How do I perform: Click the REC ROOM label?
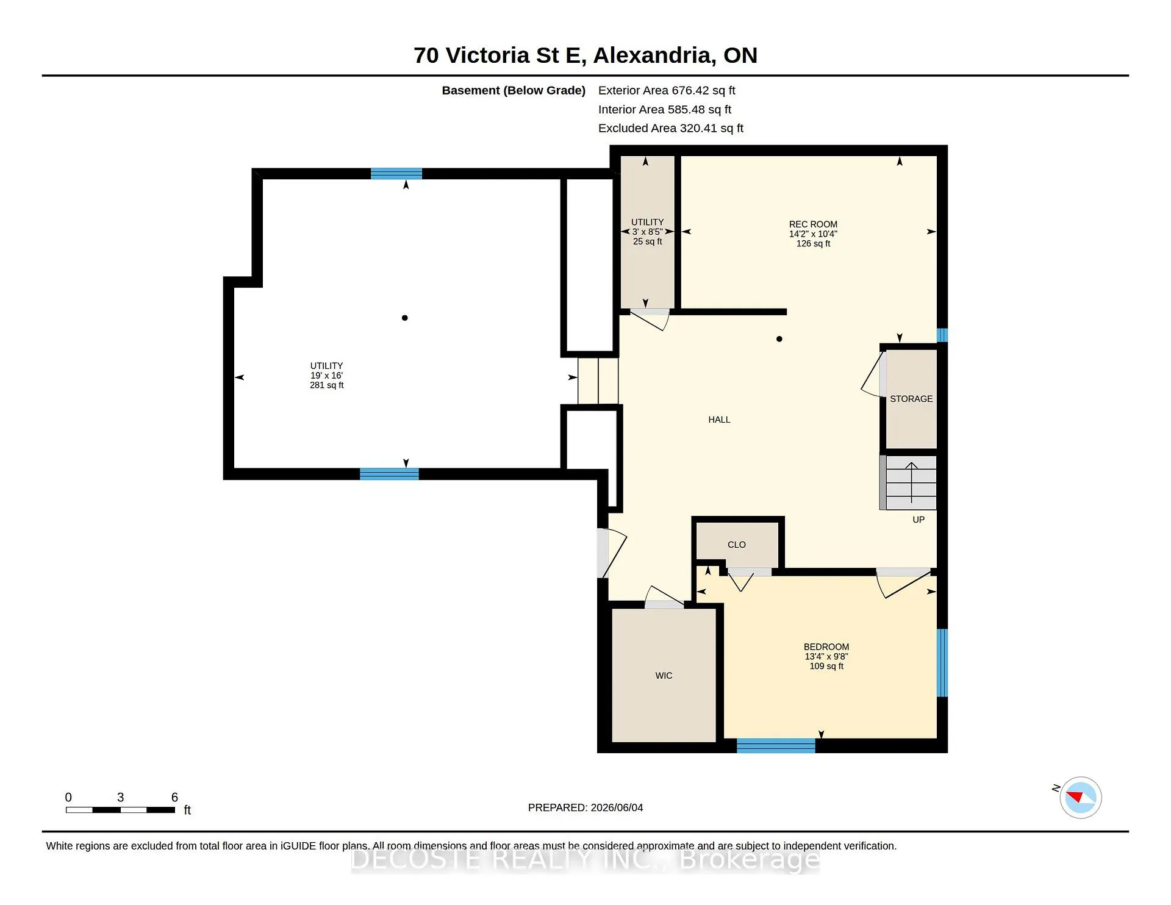coord(813,224)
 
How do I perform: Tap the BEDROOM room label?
coord(826,647)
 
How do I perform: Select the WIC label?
coord(664,676)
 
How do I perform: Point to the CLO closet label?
coord(737,545)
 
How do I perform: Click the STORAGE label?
coord(911,399)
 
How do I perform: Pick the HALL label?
coord(719,420)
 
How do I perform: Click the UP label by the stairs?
coord(919,520)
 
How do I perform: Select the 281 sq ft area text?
coord(327,385)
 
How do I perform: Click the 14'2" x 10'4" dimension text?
coord(813,234)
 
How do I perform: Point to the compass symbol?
coord(1080,797)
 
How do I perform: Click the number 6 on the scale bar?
coord(174,797)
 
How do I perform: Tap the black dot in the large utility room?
coord(404,318)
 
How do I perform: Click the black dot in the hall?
coord(779,339)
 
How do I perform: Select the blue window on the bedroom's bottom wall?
coord(776,745)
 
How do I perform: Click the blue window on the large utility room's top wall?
coord(396,174)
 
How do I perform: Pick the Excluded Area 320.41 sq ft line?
coord(671,128)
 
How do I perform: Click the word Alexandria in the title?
coord(654,55)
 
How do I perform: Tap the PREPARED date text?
coord(585,807)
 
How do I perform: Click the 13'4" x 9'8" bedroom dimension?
coord(826,657)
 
